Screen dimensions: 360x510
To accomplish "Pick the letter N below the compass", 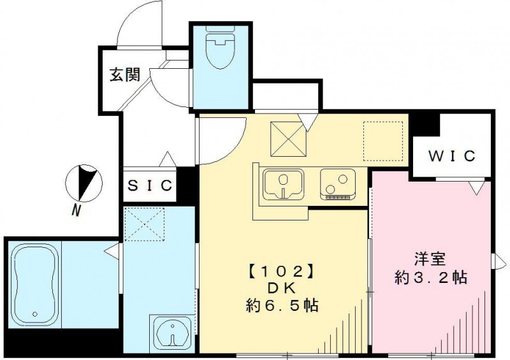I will click(75, 210).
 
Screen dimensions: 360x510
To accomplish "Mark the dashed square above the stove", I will click(383, 140).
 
